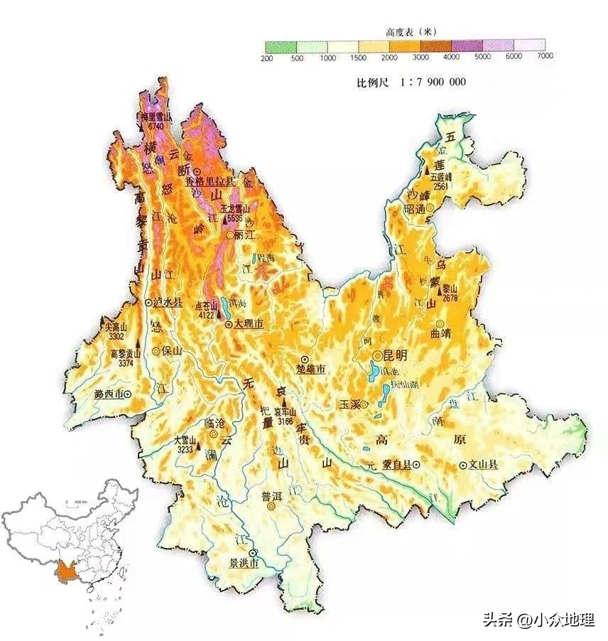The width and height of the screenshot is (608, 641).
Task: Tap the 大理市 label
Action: click(x=249, y=324)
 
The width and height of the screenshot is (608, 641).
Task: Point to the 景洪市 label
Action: click(x=243, y=564)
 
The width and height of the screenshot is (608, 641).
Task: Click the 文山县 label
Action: click(x=483, y=465)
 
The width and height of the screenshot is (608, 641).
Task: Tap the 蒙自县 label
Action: click(x=396, y=465)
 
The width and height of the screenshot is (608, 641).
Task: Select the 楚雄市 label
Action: click(x=310, y=370)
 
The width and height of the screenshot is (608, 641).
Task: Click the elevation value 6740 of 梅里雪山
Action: click(x=156, y=126)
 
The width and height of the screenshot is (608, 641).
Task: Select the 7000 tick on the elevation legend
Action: click(x=545, y=56)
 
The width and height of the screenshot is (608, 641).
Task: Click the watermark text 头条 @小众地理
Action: click(x=538, y=620)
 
